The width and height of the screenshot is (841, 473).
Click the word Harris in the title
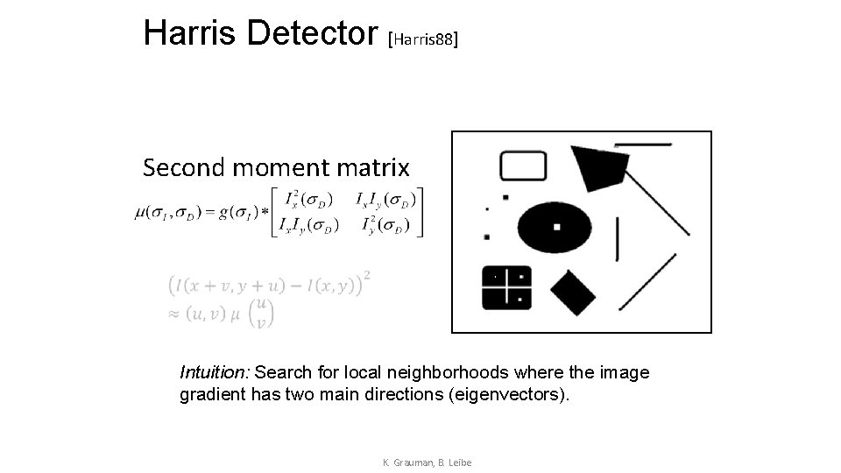(191, 32)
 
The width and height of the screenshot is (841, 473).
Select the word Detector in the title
(312, 32)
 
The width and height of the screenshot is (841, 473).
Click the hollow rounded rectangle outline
(523, 166)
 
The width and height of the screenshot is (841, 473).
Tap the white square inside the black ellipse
(557, 227)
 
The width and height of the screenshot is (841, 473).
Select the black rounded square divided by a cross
(506, 287)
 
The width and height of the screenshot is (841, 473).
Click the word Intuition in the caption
(215, 373)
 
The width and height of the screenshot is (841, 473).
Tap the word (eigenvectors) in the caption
(508, 394)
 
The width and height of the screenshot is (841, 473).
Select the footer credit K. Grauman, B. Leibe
(428, 462)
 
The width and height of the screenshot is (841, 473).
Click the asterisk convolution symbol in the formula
(265, 213)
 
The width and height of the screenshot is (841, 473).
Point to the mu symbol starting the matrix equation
(139, 213)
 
